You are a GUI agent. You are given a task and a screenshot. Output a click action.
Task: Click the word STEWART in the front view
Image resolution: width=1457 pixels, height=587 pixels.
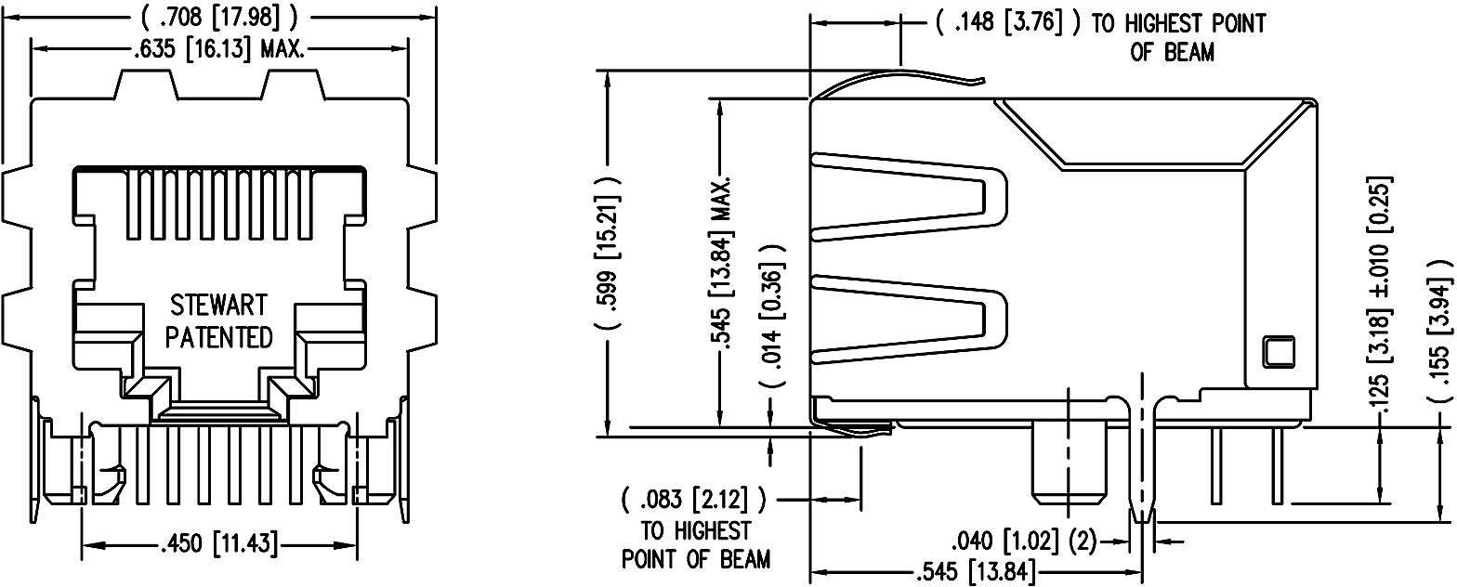219,306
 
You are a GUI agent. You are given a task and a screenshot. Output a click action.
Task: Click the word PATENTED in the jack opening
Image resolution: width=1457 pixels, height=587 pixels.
219,336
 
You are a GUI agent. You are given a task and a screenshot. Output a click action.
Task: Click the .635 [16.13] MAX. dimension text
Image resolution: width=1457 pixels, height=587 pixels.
218,48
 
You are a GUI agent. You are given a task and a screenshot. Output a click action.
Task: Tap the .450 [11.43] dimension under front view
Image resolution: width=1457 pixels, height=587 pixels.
219,543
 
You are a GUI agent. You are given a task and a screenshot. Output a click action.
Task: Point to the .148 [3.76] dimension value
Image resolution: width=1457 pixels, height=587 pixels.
1007,22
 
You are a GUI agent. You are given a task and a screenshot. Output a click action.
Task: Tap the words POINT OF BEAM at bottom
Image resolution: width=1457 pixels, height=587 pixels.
695,559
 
